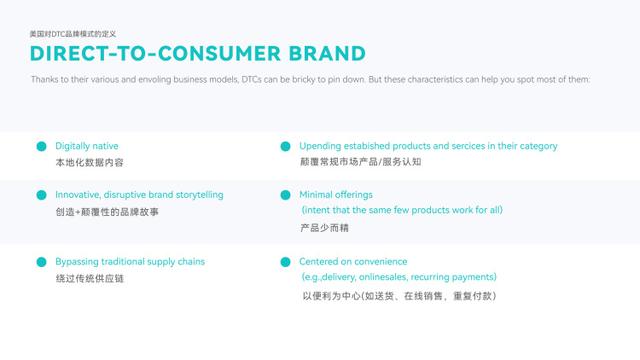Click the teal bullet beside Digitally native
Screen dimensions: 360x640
(42, 146)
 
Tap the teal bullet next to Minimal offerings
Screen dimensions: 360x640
(286, 195)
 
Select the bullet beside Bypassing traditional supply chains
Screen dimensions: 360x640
(42, 262)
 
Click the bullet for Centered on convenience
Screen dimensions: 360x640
(286, 262)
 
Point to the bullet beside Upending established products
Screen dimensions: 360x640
(286, 146)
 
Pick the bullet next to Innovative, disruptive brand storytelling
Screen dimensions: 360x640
(42, 195)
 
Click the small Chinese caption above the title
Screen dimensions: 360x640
(72, 34)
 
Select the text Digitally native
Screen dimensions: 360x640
(87, 146)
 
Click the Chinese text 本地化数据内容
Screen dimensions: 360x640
(90, 162)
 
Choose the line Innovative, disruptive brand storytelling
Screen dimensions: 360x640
(139, 195)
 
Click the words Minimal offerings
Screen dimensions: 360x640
(336, 195)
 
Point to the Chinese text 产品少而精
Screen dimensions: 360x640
(325, 228)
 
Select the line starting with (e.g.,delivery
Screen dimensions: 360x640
(399, 277)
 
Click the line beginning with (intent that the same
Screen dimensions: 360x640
(402, 211)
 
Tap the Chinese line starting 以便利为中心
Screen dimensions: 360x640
(399, 296)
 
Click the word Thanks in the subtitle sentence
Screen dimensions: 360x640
(44, 79)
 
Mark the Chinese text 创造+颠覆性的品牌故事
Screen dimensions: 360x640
(107, 212)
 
